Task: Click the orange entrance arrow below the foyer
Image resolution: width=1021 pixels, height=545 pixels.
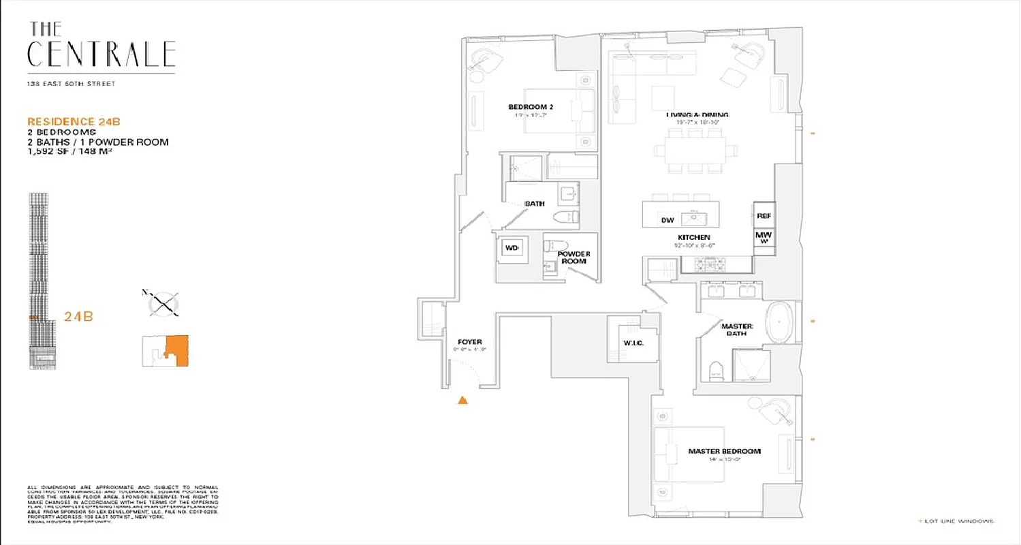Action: pyautogui.click(x=462, y=400)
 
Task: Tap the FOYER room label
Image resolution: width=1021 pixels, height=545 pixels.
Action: pyautogui.click(x=470, y=341)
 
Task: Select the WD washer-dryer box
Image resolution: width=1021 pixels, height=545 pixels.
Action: pyautogui.click(x=512, y=249)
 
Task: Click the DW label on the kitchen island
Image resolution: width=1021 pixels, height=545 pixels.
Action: pyautogui.click(x=667, y=220)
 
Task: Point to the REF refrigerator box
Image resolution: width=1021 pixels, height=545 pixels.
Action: pyautogui.click(x=764, y=215)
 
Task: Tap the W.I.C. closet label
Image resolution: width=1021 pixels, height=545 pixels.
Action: pyautogui.click(x=633, y=343)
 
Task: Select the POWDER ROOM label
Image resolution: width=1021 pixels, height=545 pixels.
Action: pyautogui.click(x=574, y=258)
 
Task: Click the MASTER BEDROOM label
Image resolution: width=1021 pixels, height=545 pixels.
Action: pyautogui.click(x=724, y=451)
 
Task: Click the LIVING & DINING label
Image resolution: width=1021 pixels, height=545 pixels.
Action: pyautogui.click(x=697, y=114)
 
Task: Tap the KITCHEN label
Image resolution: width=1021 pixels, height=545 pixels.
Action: pyautogui.click(x=693, y=237)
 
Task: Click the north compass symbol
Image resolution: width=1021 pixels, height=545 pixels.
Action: pyautogui.click(x=164, y=303)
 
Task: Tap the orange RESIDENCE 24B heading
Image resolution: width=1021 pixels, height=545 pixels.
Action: pyautogui.click(x=74, y=122)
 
